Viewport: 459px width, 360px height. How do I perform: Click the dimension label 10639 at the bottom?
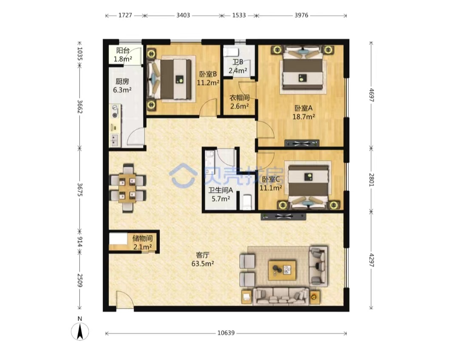[226, 333]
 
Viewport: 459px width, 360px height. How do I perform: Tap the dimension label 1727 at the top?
[125, 15]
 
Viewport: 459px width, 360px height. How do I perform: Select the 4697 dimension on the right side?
[371, 95]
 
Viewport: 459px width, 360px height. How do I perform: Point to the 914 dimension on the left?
[79, 241]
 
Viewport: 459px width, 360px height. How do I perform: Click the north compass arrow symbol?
[80, 332]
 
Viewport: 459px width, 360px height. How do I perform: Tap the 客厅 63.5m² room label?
[203, 259]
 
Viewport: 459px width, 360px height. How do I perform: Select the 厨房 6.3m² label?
[122, 85]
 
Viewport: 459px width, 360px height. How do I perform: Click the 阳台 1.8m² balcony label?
[123, 55]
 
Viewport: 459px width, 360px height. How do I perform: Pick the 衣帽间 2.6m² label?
[239, 102]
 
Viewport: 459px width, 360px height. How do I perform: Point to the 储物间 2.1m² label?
[142, 243]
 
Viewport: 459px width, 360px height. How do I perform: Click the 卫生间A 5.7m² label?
[221, 195]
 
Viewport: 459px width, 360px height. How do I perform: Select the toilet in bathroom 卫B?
[230, 52]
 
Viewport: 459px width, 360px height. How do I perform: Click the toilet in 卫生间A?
[247, 202]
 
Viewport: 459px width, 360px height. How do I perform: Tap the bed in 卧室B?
[171, 79]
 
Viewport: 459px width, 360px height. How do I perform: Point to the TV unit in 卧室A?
[302, 143]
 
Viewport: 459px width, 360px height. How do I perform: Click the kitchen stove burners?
[115, 111]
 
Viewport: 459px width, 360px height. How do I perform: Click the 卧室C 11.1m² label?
[271, 184]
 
